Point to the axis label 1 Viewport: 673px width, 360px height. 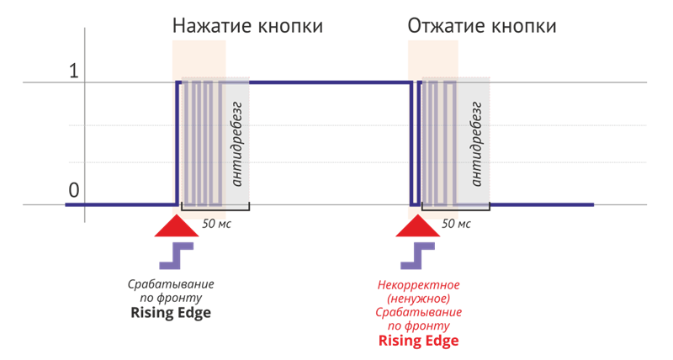coord(73,71)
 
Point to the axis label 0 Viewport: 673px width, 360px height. coord(73,190)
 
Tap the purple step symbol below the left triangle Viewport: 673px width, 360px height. coord(183,255)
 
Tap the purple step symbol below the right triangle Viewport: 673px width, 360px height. coord(423,255)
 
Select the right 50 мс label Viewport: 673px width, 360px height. coord(456,225)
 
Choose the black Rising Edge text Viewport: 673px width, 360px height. coord(171,313)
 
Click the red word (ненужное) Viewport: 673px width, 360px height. coord(418,299)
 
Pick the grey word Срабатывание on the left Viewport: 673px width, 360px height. coord(171,284)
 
